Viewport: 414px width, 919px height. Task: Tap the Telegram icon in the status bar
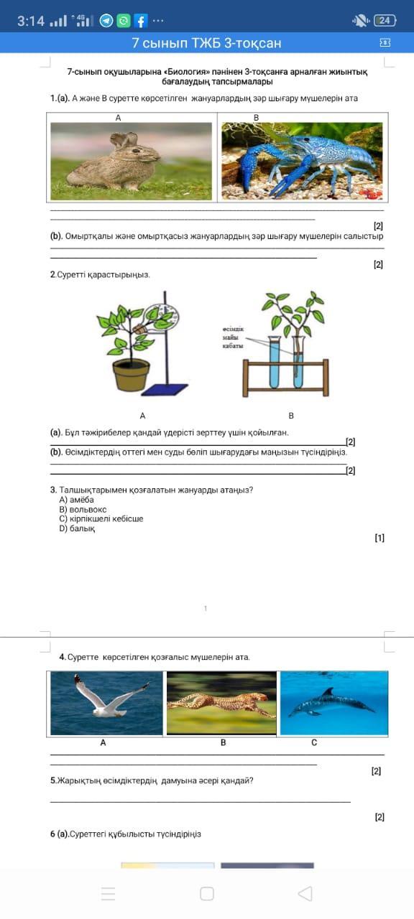[106, 21]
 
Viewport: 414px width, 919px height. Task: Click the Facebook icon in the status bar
[140, 21]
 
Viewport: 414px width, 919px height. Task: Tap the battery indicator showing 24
[385, 20]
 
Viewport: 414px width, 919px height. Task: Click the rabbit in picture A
[114, 163]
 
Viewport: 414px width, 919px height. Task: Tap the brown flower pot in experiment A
[132, 375]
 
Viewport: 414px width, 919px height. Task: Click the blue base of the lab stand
[165, 389]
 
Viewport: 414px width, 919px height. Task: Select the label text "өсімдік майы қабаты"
[233, 337]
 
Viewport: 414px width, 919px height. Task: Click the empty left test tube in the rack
[275, 362]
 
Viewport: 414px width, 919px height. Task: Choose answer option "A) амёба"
[76, 500]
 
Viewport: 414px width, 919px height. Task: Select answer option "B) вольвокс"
[83, 510]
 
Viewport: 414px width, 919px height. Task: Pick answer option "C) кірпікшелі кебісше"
[101, 518]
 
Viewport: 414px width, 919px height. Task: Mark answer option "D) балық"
[77, 528]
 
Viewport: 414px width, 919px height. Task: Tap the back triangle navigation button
[305, 894]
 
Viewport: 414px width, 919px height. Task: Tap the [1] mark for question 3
[379, 538]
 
